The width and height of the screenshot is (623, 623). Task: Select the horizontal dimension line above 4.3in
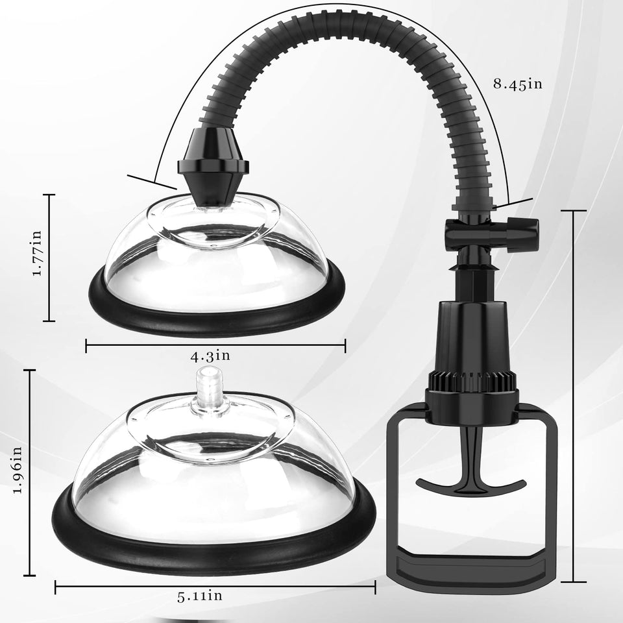(x=215, y=345)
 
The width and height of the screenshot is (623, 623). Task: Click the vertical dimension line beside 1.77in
(x=50, y=258)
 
